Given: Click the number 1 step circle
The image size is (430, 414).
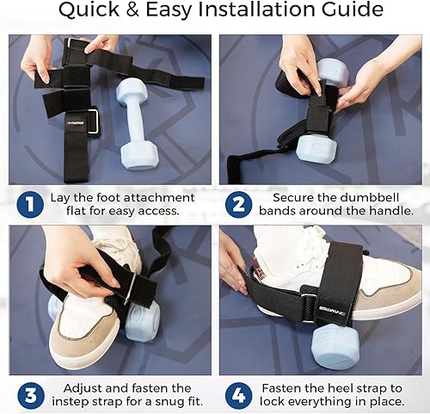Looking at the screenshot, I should click(28, 205).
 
